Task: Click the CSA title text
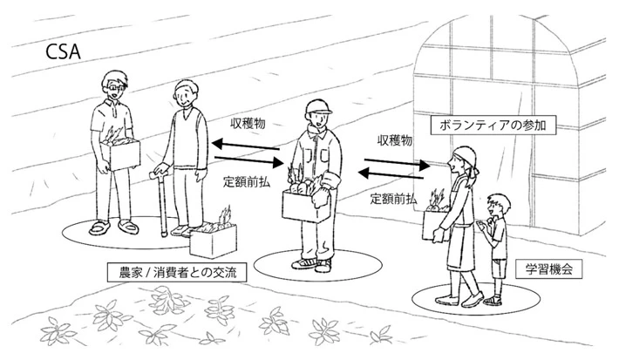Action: (x=63, y=51)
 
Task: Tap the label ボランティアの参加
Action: (x=493, y=126)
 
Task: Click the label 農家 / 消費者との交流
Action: (x=178, y=273)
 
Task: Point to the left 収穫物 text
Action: (x=248, y=124)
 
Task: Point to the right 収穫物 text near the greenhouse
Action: (x=395, y=140)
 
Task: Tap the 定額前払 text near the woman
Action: (x=393, y=199)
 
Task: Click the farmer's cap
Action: (x=317, y=106)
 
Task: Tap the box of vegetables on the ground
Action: (x=214, y=240)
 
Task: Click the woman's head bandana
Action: (x=465, y=158)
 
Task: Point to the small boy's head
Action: (x=498, y=206)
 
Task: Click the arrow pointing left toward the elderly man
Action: (x=246, y=146)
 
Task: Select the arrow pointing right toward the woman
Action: (x=397, y=163)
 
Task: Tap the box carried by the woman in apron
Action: (x=435, y=225)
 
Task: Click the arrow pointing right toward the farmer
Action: (x=249, y=160)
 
